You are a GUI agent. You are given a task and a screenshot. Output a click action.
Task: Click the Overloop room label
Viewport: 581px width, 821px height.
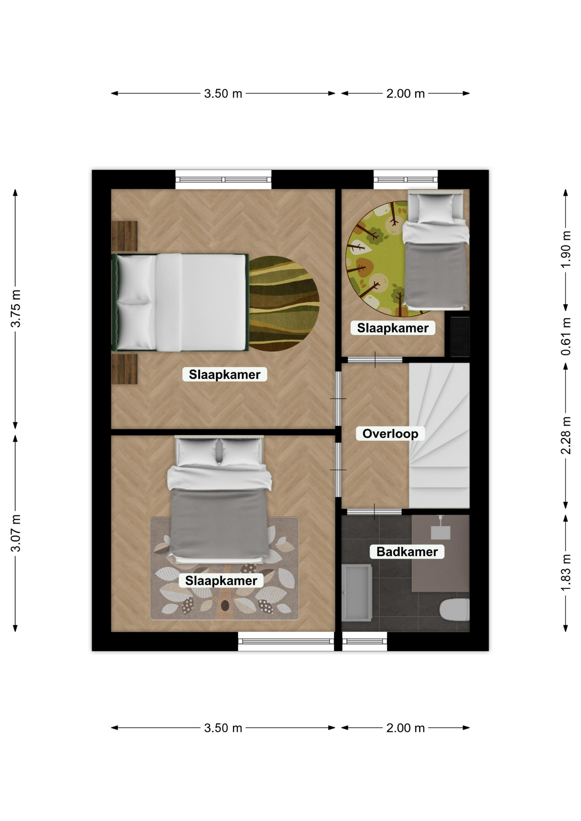coord(390,434)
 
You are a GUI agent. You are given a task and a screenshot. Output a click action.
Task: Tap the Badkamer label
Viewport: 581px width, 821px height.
coord(407,552)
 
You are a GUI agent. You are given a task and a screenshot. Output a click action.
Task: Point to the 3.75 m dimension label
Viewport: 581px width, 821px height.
coord(16,308)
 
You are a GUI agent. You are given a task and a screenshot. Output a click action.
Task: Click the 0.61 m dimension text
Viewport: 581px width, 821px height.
coord(566,337)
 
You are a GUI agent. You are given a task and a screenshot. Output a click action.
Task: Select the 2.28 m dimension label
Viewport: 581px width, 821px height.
coord(566,435)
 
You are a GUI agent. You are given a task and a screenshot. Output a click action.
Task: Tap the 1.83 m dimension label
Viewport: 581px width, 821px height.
coord(566,573)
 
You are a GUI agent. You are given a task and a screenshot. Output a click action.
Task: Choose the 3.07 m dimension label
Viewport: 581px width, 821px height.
coord(16,533)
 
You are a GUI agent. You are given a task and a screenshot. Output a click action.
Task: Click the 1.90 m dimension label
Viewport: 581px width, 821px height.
coord(566,249)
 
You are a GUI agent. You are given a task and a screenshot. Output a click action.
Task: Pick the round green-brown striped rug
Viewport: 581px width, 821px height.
coord(284,304)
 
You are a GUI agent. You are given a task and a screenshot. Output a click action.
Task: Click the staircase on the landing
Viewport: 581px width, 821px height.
coord(439,435)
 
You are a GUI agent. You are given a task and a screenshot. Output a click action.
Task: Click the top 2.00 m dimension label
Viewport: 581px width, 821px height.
coord(405,93)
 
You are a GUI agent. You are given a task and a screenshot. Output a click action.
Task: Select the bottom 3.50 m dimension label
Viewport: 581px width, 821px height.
coord(223,728)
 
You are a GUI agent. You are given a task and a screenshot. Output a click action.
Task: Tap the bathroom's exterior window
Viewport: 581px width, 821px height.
coord(365,641)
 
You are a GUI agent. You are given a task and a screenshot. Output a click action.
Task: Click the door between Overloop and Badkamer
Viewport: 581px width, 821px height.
coord(374,511)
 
